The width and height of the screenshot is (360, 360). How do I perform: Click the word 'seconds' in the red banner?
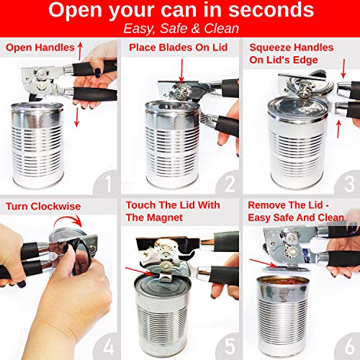tap(271, 10)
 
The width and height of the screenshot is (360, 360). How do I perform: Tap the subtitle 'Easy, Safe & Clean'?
tap(181, 28)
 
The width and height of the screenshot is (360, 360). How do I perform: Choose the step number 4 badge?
tap(107, 346)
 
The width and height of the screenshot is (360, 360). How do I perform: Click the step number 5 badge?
tap(229, 346)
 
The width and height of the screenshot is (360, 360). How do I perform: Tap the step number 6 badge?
tap(348, 346)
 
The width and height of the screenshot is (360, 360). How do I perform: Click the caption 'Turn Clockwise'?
tap(43, 207)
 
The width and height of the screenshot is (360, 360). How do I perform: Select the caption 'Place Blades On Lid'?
tap(179, 48)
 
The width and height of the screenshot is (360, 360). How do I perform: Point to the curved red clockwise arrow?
tap(68, 219)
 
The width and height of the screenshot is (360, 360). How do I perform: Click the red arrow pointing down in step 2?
tap(181, 71)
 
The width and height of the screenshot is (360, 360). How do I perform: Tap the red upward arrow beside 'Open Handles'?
tap(80, 51)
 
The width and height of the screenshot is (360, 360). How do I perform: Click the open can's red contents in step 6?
tap(283, 282)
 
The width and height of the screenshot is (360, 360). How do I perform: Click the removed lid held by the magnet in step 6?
tap(285, 268)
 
